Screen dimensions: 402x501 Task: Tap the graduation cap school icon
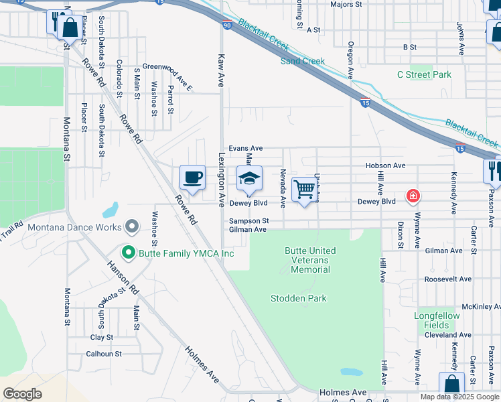(249, 178)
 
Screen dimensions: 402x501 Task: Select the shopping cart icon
(305, 190)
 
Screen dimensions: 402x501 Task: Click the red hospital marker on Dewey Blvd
(413, 196)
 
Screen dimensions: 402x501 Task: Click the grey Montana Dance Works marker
(131, 226)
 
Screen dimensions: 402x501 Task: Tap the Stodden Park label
(298, 298)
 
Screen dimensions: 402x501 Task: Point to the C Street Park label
(424, 75)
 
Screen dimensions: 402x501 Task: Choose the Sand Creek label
(302, 61)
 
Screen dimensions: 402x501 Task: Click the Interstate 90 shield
(227, 25)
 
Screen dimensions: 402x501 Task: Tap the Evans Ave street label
(246, 148)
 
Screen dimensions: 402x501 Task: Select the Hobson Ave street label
(385, 165)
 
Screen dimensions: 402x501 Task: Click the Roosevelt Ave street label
(449, 279)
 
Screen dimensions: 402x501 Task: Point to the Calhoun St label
(104, 353)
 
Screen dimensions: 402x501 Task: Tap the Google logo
(22, 394)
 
